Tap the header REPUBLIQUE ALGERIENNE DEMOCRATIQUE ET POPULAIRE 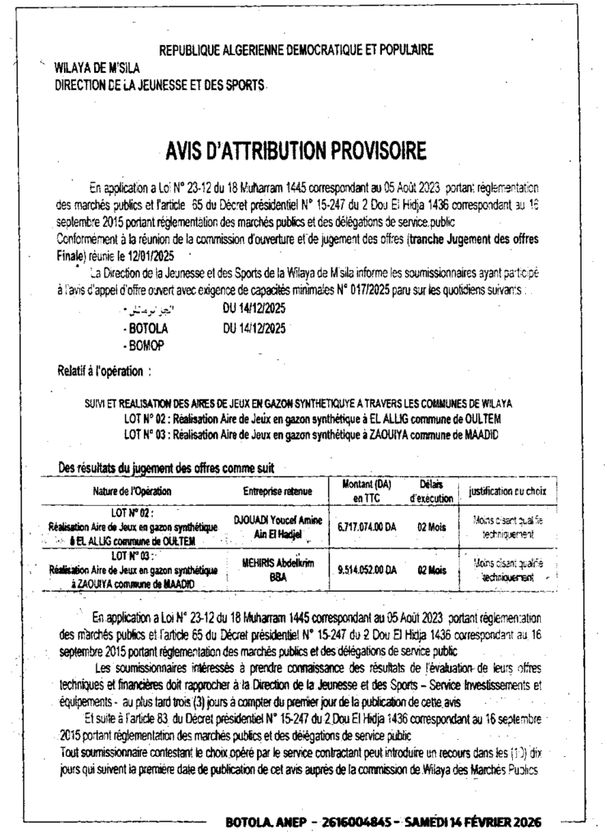(296, 50)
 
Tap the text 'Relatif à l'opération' (103, 371)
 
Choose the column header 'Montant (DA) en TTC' (366, 490)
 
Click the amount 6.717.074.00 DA (366, 527)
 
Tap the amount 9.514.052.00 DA (366, 570)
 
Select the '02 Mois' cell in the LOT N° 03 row (431, 570)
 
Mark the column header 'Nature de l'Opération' (132, 491)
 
